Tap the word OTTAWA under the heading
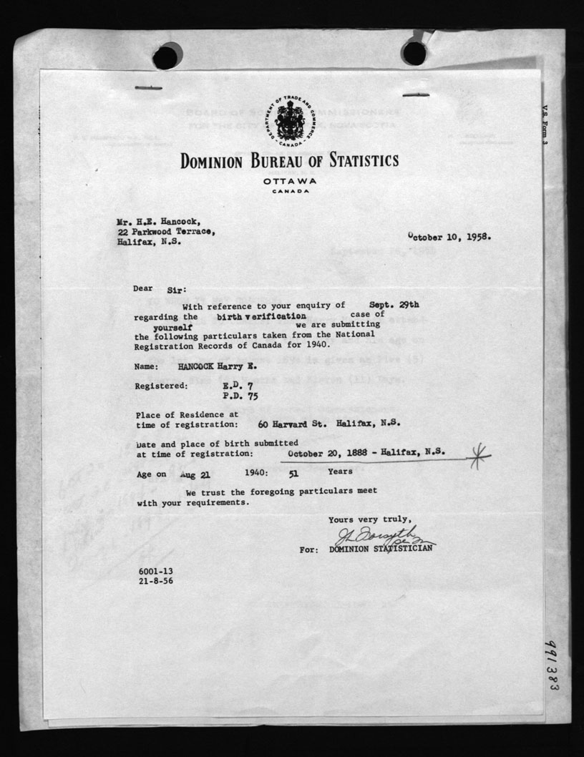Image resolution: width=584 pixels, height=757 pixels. point(290,181)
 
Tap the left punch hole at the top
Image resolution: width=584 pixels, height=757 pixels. point(167,56)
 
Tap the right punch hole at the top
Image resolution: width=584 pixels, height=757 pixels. point(414,53)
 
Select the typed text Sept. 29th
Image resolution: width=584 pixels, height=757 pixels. point(393,304)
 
